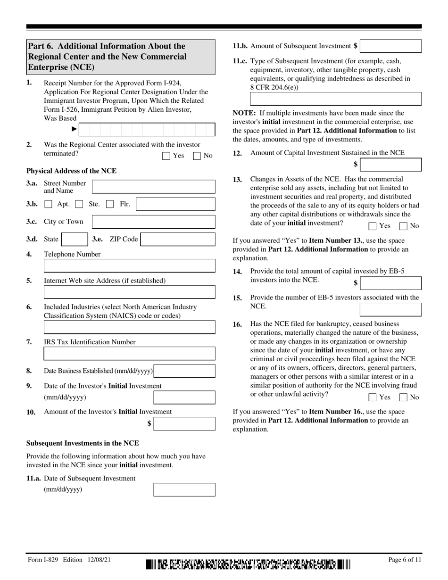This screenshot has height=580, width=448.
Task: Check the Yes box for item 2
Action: pos(166,156)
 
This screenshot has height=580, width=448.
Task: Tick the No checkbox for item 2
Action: pos(197,156)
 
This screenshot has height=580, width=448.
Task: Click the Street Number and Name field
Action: pos(153,187)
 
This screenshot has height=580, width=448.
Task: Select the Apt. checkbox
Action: pos(48,204)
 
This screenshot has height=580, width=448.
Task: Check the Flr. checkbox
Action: pos(110,204)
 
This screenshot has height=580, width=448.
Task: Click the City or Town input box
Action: pos(153,222)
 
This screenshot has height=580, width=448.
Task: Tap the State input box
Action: pos(75,240)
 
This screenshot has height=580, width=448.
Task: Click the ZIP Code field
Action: pos(178,240)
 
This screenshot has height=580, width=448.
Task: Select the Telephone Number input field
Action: pos(129,266)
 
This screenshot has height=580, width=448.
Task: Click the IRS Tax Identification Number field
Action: pos(129,354)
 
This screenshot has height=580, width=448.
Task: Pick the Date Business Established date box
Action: pos(184,371)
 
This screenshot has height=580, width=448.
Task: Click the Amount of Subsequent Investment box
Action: pos(390,46)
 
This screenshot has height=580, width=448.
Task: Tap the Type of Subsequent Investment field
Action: pos(335,99)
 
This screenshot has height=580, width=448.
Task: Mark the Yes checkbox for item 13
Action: pos(372,226)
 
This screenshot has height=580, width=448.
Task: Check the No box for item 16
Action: pos(403,397)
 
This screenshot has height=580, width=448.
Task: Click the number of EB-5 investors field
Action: pos(390,309)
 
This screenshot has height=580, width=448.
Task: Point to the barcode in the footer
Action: pos(249,564)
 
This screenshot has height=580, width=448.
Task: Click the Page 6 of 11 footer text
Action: pos(405,560)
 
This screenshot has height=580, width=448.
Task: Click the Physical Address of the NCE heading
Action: pos(71,171)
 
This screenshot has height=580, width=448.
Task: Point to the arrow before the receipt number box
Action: pos(74,129)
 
